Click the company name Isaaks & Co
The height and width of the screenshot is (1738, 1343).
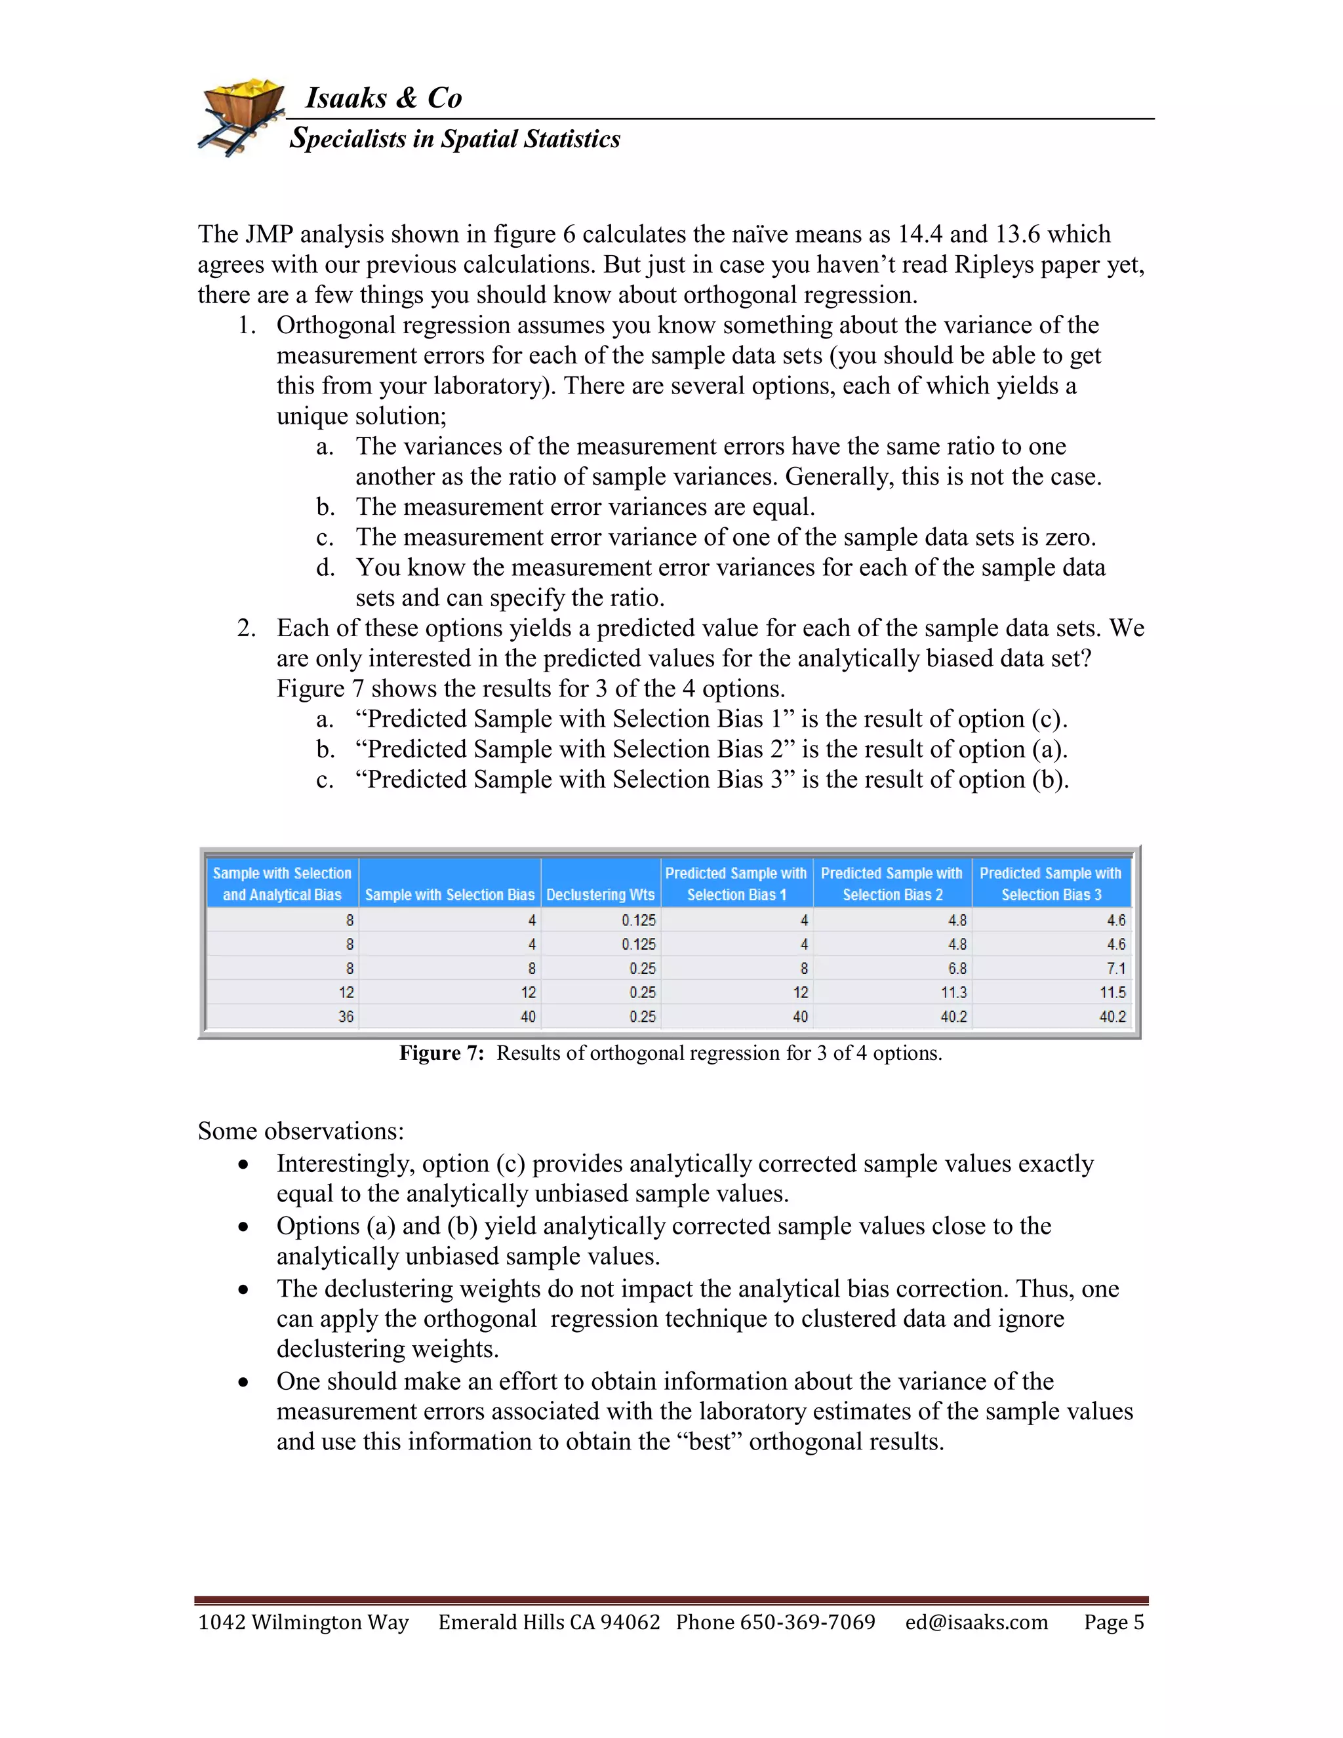(384, 98)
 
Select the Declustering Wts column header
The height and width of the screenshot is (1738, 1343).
(601, 895)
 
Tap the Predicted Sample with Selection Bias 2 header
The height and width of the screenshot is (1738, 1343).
(892, 883)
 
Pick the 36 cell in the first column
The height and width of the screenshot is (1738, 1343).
(346, 1016)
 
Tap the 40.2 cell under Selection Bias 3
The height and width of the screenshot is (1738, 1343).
(1112, 1016)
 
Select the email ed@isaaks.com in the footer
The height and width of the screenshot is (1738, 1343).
(976, 1622)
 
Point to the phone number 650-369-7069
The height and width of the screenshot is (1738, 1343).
(807, 1622)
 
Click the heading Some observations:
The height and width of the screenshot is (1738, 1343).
(301, 1131)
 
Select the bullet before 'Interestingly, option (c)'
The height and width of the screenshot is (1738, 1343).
(243, 1165)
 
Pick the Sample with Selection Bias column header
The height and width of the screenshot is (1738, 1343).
(449, 895)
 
